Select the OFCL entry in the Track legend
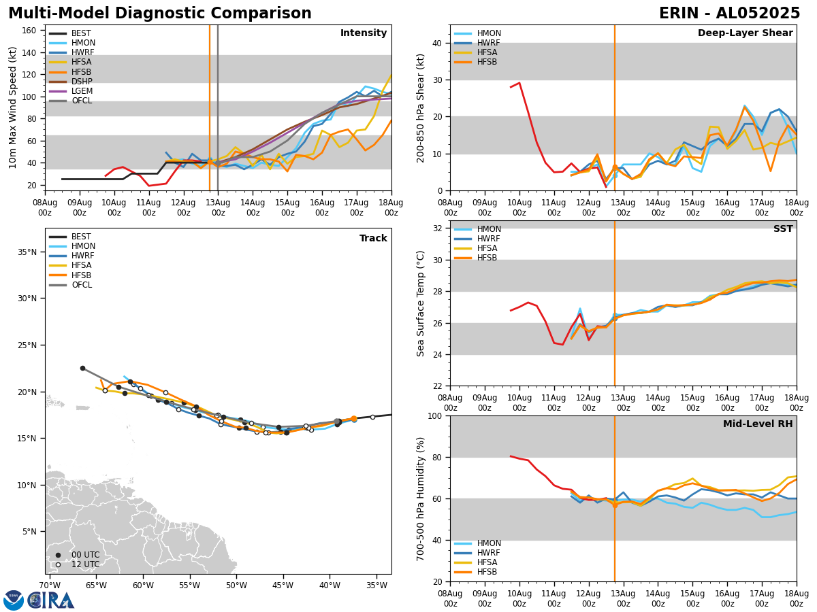pos(82,285)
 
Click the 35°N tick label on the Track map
pos(28,252)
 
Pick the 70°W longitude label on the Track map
pos(49,585)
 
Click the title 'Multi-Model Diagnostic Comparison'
pos(160,14)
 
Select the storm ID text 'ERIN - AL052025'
pos(729,14)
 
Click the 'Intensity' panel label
pos(364,33)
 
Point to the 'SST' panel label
pos(783,229)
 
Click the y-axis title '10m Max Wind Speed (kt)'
pos(13,107)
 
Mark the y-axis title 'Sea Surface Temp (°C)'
pos(421,303)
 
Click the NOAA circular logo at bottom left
pos(14,600)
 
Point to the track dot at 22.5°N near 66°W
pos(83,368)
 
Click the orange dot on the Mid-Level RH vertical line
pos(615,505)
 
